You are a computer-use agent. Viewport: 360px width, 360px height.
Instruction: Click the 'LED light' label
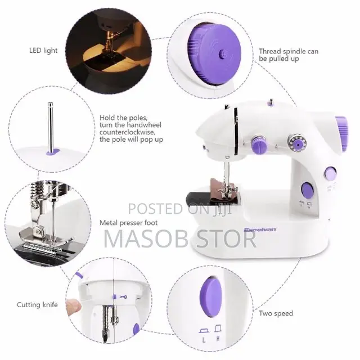tap(43, 51)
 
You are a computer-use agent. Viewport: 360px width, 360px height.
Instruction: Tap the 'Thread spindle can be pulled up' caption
tap(288, 55)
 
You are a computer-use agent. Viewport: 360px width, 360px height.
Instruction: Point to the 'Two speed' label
tap(276, 313)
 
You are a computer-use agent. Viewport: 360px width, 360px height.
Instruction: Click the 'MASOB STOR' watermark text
tap(180, 238)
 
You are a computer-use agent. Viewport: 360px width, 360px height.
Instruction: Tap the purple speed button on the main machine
tap(307, 190)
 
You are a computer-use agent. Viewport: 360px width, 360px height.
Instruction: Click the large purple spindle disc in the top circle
tap(223, 54)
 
